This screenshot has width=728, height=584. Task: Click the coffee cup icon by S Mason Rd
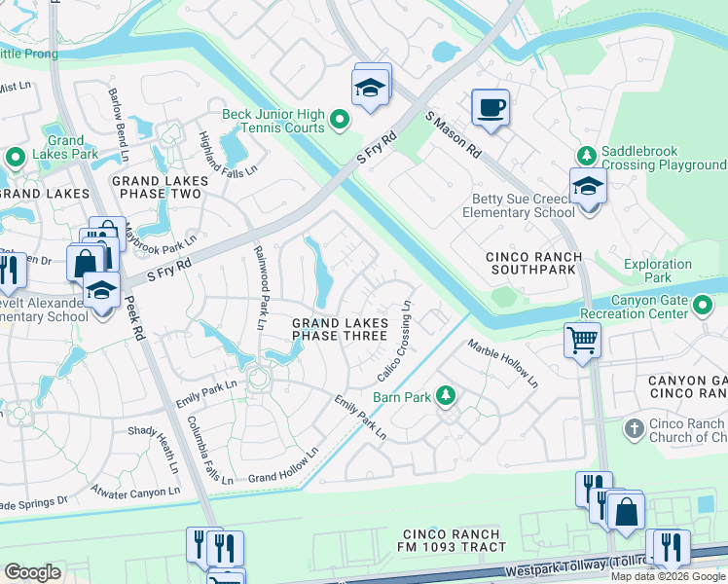[x=491, y=107]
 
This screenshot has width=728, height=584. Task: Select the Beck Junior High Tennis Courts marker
[x=339, y=120]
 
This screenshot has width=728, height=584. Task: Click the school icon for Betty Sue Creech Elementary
[x=588, y=185]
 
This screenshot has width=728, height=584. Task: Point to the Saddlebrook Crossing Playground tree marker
[x=586, y=156]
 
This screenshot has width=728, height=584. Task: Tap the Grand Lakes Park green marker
[x=15, y=156]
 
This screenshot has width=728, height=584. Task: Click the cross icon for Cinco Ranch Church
[x=633, y=428]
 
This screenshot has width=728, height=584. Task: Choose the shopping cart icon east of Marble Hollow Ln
[x=582, y=341]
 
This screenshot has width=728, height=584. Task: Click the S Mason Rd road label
[x=454, y=134]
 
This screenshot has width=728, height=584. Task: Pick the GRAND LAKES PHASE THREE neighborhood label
[x=341, y=329]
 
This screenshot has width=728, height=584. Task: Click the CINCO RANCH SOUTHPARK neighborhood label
[x=534, y=263]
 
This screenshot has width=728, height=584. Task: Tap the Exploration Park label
[x=658, y=271]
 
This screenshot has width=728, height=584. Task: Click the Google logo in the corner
[x=32, y=572]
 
